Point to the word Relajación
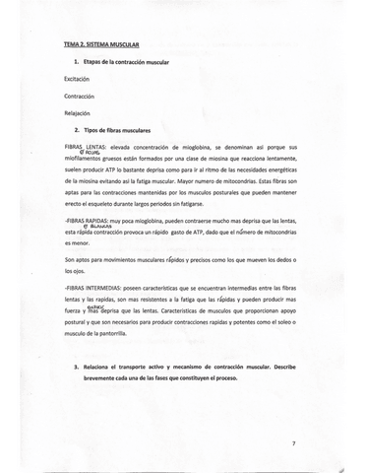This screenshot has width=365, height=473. [79, 113]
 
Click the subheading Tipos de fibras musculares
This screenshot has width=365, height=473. [118, 130]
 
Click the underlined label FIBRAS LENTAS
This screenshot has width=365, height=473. [85, 146]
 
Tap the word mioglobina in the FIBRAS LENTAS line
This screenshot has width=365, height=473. [197, 146]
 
